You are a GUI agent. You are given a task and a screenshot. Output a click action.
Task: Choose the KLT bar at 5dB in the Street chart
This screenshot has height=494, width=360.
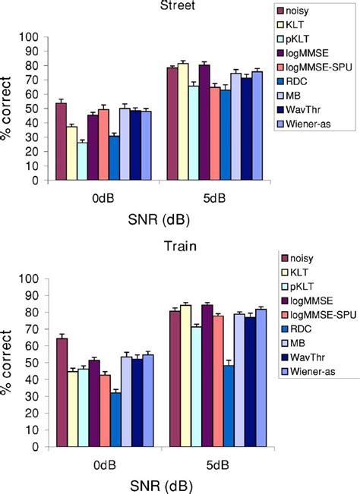[183, 122]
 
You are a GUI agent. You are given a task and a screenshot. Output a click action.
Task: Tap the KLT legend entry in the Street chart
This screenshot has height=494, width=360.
[302, 27]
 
